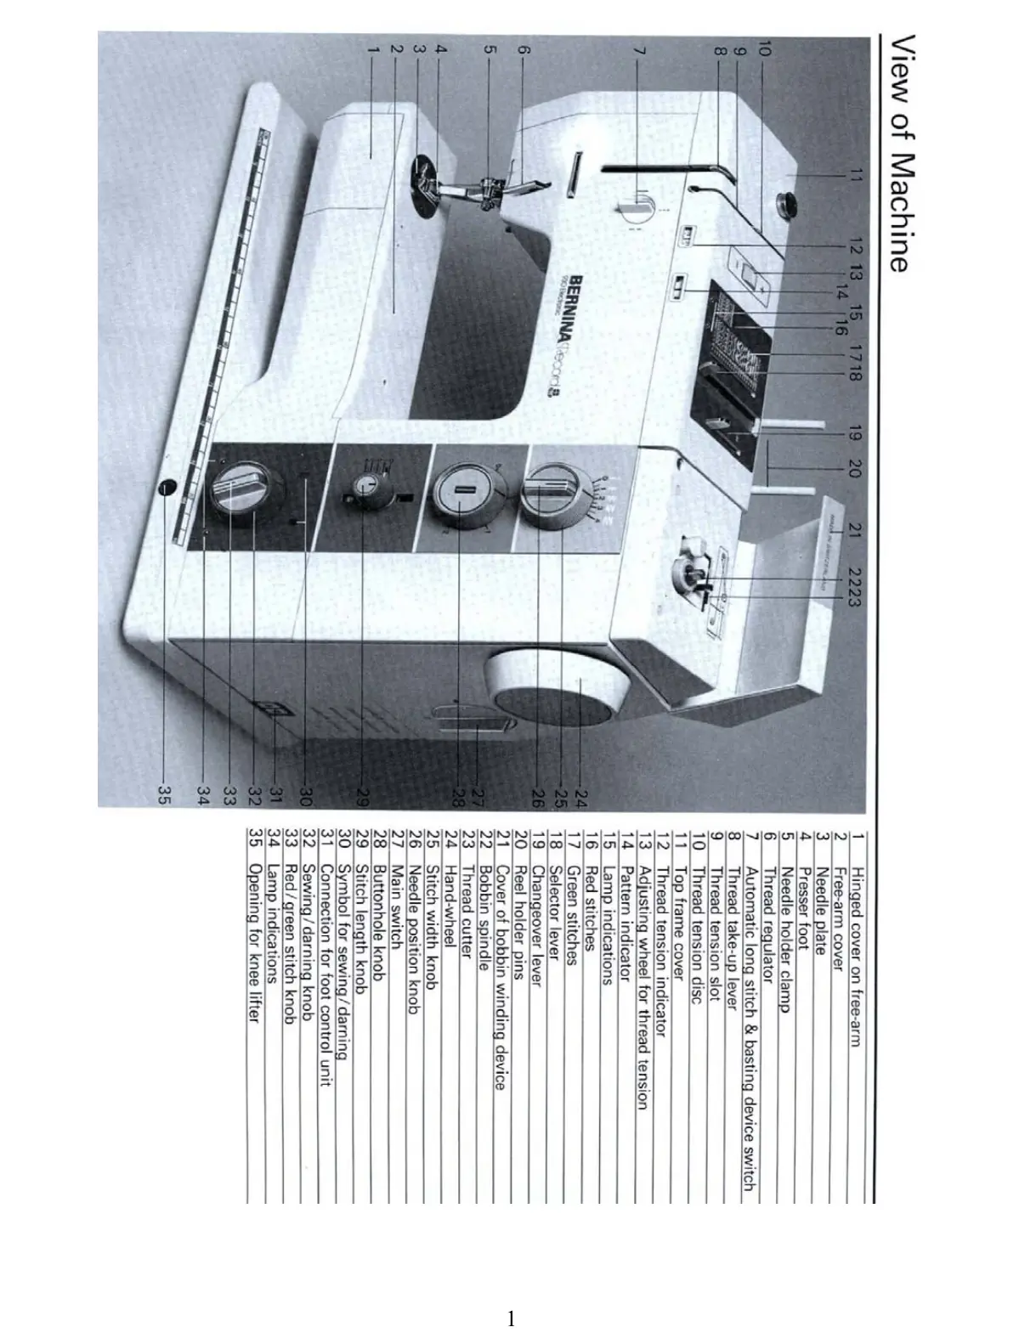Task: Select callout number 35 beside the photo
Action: coord(165,794)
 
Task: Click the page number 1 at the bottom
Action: coord(511,1319)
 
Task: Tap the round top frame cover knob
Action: coord(789,204)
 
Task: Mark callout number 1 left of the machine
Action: coord(371,50)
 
